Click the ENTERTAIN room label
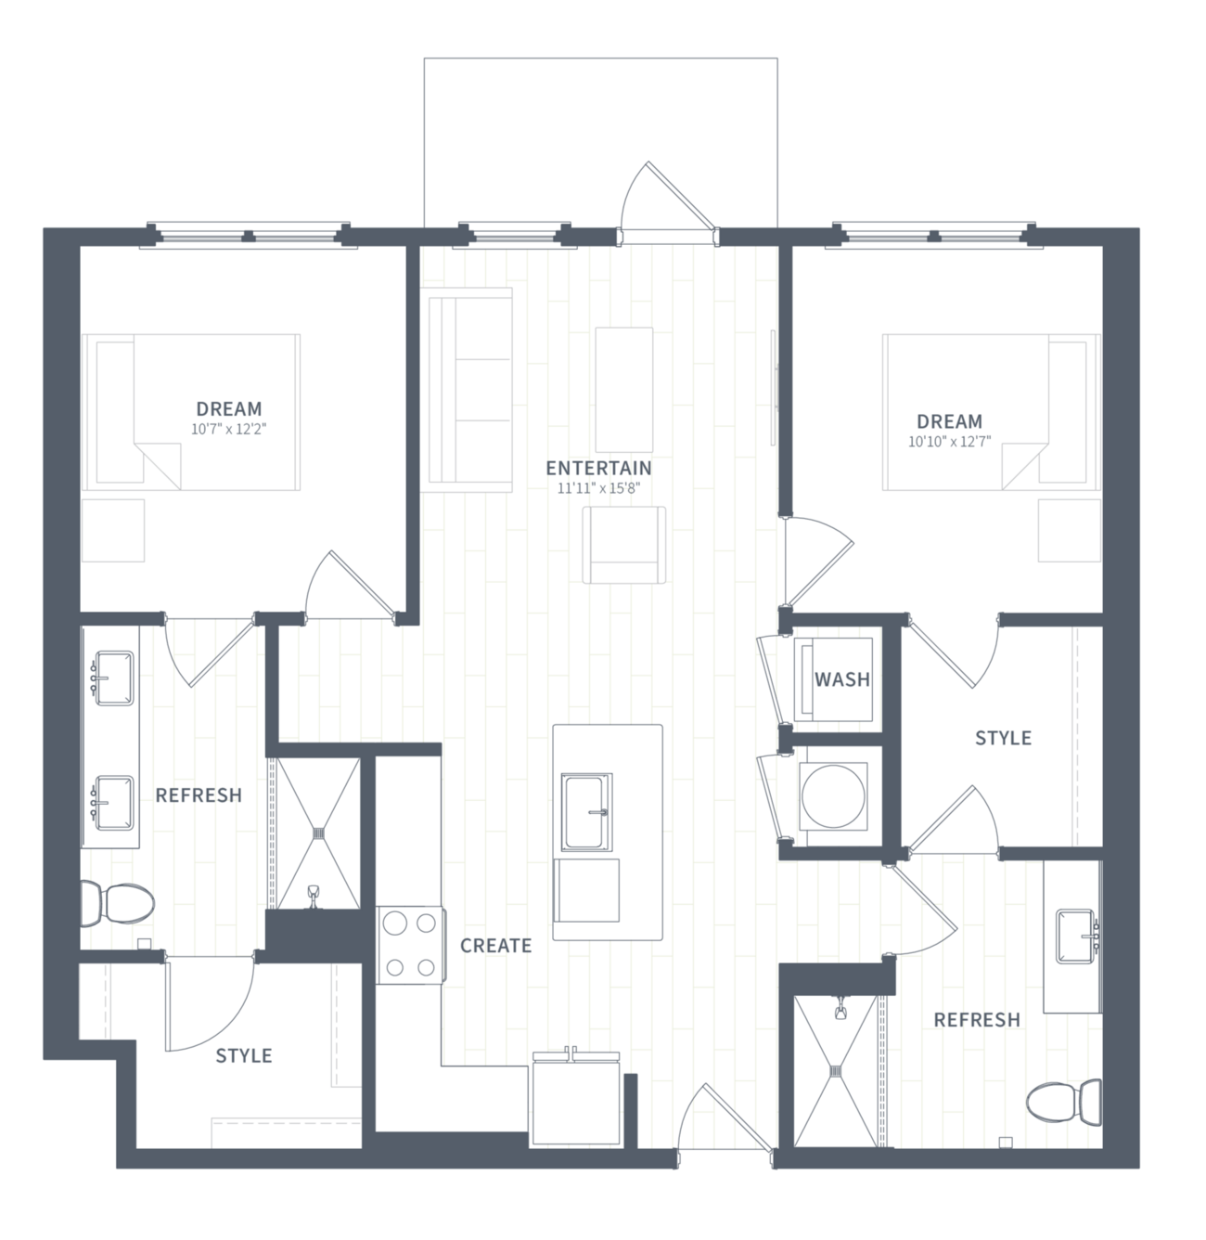click(598, 469)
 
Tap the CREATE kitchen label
click(496, 946)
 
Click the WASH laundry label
click(842, 680)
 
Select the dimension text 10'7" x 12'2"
click(228, 429)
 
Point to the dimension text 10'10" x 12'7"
click(949, 442)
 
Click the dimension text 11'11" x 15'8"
click(598, 489)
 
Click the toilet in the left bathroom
click(118, 904)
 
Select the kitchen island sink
click(586, 812)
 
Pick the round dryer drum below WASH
click(833, 795)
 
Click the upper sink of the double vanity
click(114, 678)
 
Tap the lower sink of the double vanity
click(114, 803)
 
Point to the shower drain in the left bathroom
click(318, 833)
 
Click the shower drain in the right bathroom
click(836, 1072)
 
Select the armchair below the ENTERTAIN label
click(624, 545)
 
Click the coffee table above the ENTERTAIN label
click(624, 390)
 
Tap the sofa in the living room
click(470, 389)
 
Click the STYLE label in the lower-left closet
click(244, 1056)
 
